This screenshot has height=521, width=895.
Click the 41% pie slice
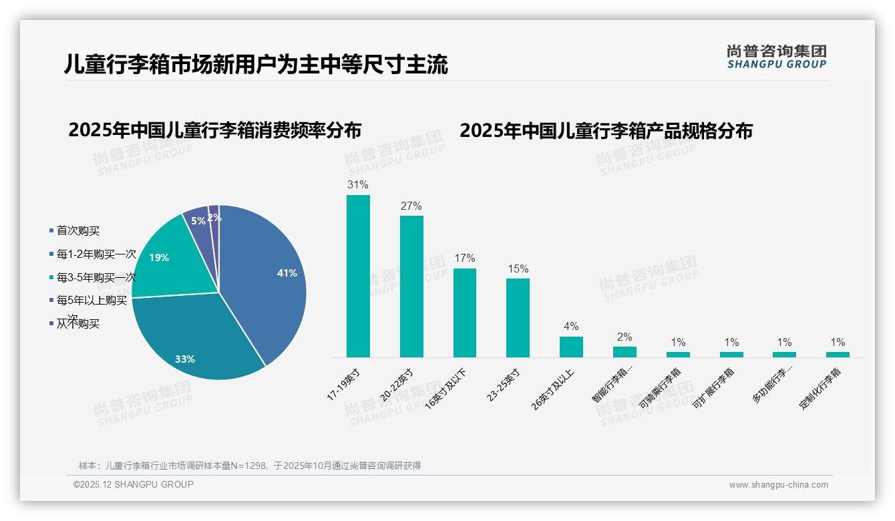tap(267, 281)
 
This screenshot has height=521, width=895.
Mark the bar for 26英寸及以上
tap(571, 347)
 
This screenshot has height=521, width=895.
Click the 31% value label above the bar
tap(358, 184)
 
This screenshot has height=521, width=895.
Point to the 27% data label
tap(411, 206)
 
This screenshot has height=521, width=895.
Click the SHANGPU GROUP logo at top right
tap(777, 57)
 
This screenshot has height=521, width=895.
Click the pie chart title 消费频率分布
tap(214, 130)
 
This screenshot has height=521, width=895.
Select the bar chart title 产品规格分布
tap(606, 130)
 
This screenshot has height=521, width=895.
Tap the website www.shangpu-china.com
tap(778, 484)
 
